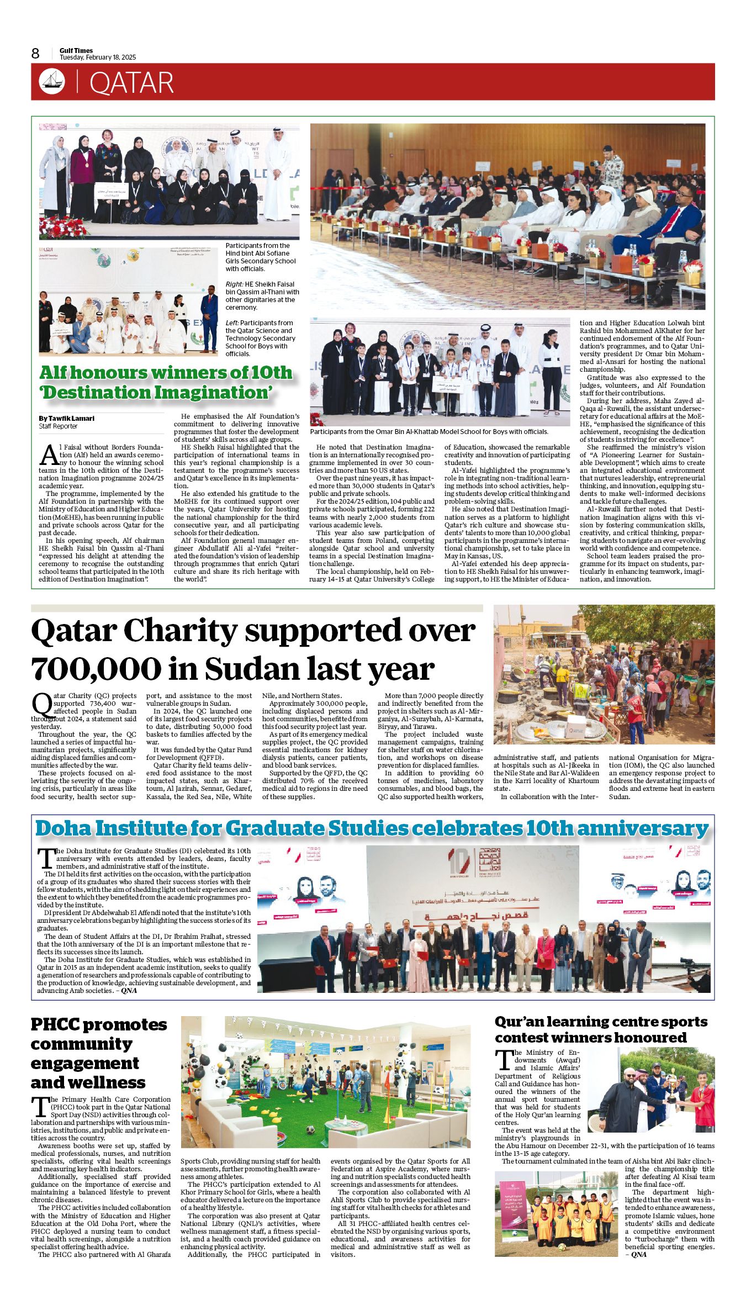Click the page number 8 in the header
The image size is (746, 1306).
tap(35, 54)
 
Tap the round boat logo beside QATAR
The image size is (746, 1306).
tap(52, 82)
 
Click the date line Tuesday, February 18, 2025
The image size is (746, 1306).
tap(98, 57)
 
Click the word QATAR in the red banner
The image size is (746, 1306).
tap(131, 83)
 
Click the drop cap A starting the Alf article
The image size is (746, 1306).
tap(50, 453)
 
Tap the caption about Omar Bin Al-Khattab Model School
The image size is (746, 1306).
tap(429, 431)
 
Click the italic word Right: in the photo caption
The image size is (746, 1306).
tap(234, 284)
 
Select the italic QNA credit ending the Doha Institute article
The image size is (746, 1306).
tap(129, 990)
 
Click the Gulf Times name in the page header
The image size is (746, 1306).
tap(76, 50)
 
